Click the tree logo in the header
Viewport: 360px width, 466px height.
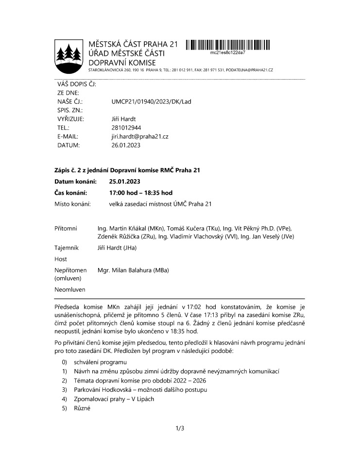coord(69,53)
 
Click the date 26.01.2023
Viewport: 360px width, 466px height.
coord(126,145)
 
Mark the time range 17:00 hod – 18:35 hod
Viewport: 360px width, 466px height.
coord(141,193)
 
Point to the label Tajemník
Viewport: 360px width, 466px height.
coord(67,248)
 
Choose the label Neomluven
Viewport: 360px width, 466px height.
coord(70,290)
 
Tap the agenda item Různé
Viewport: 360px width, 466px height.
coord(82,408)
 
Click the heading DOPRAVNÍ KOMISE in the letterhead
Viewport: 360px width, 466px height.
coord(122,63)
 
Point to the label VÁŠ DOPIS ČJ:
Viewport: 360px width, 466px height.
coord(76,84)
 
